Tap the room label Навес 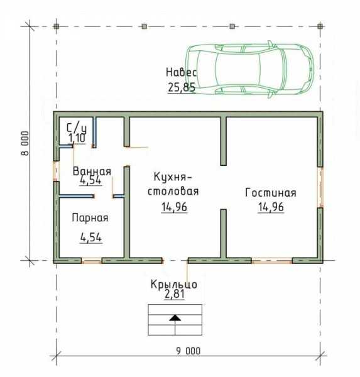click(182, 72)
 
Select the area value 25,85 click(182, 87)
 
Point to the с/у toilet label click(77, 128)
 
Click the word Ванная click(92, 172)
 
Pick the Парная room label click(90, 218)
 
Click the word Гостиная click(271, 193)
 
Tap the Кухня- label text click(173, 177)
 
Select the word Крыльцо click(174, 285)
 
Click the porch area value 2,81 click(175, 294)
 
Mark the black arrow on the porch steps click(175, 318)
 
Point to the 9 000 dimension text click(188, 351)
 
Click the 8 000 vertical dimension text click(25, 143)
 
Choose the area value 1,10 click(77, 138)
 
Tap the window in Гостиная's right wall click(321, 187)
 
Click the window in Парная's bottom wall click(91, 261)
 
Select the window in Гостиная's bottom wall click(272, 261)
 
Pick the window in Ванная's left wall click(56, 171)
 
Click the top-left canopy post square click(57, 26)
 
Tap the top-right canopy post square click(320, 26)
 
